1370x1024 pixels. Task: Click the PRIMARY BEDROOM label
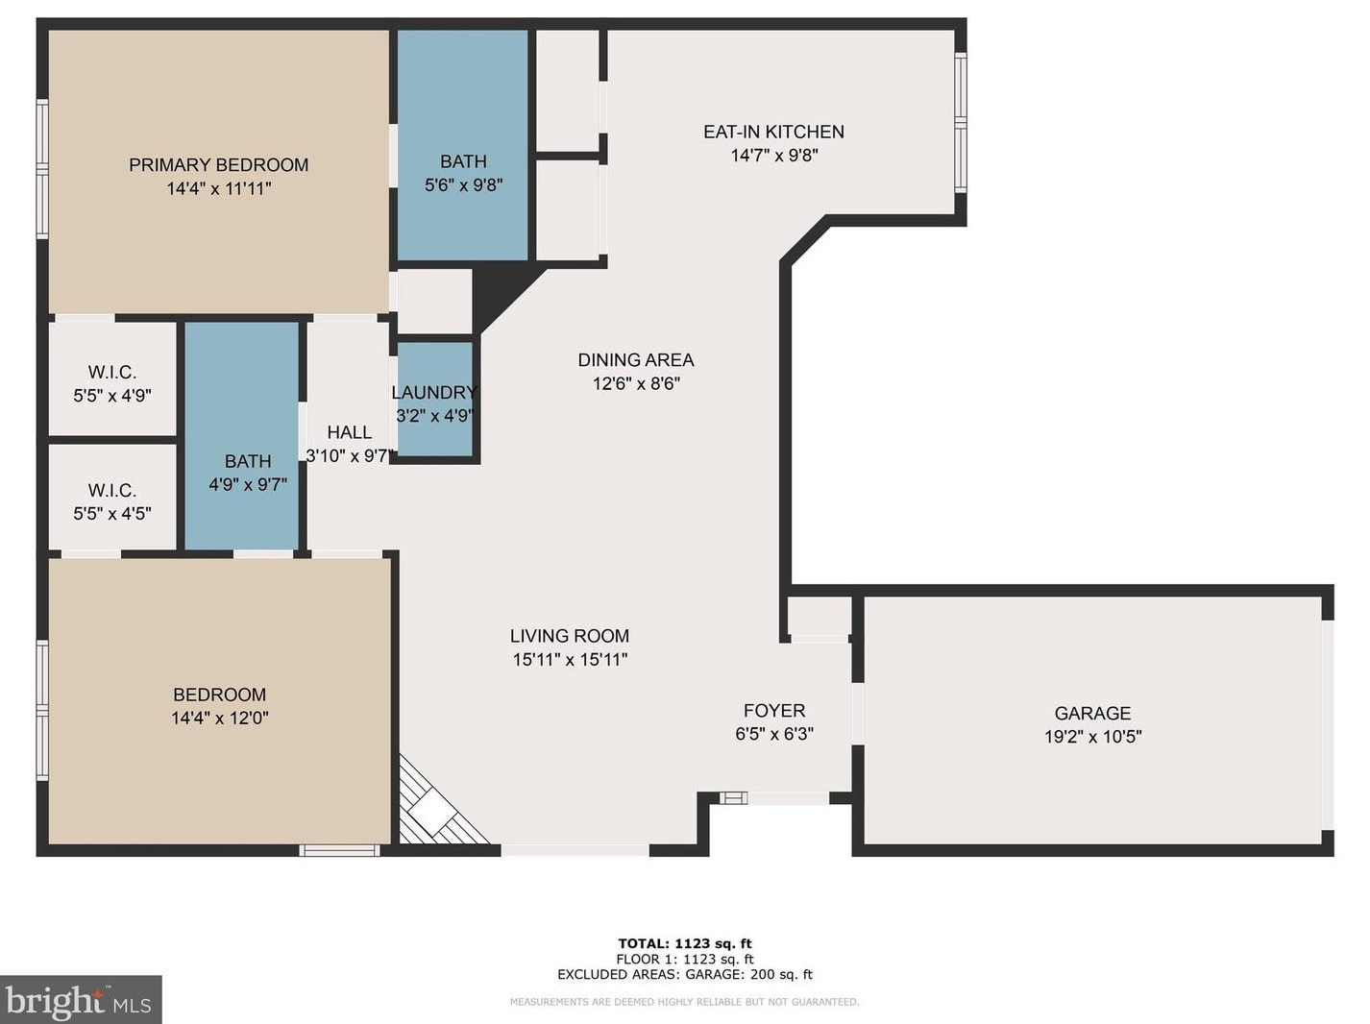click(x=218, y=164)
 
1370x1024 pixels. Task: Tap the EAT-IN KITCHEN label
click(x=773, y=132)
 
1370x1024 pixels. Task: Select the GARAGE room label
click(x=1092, y=713)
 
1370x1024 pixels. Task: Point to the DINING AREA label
click(x=635, y=360)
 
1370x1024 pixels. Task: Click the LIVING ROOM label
click(x=569, y=636)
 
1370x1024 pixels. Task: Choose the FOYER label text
click(x=774, y=710)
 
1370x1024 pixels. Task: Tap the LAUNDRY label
click(x=434, y=393)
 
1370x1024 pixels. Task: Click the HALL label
click(x=349, y=432)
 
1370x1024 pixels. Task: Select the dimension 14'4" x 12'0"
click(x=220, y=718)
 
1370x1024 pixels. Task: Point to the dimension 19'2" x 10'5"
click(x=1093, y=737)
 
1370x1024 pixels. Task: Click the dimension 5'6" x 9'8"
click(x=463, y=185)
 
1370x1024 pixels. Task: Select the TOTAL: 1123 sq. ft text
click(x=685, y=943)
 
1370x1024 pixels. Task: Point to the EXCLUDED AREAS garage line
click(x=685, y=974)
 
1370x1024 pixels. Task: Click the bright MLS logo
click(x=80, y=1000)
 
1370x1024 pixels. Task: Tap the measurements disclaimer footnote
click(x=685, y=1002)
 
